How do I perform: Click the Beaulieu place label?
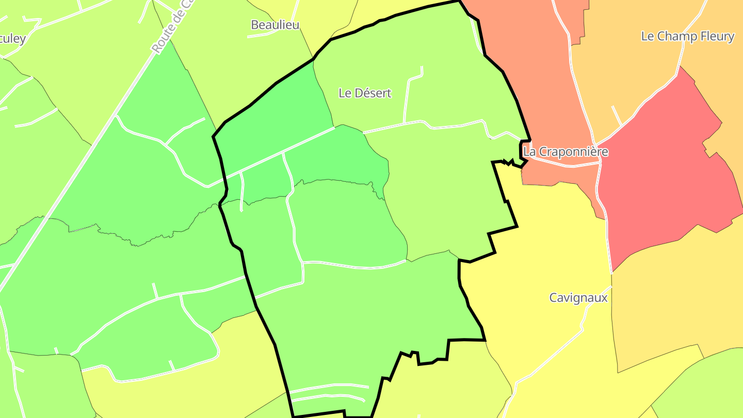coord(275,24)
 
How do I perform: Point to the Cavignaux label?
coord(578,298)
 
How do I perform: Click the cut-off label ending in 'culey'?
coord(12,39)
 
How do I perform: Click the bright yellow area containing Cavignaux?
coord(542,258)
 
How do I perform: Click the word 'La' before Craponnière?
coord(529,152)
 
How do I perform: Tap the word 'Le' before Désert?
coord(345,93)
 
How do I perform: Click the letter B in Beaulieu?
coord(254,24)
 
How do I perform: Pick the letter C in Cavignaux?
coord(553,298)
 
